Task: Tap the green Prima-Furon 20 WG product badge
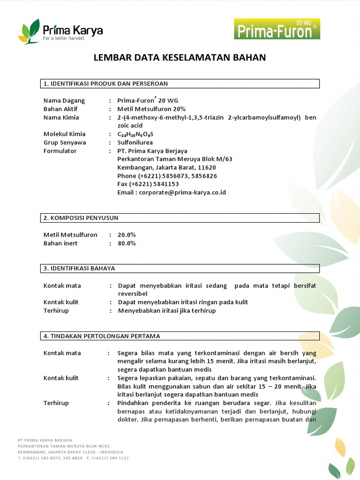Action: coord(277,29)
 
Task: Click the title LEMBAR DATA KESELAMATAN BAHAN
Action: coord(180,58)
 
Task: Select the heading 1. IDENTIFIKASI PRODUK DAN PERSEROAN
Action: coord(105,84)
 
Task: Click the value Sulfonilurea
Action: coord(135,142)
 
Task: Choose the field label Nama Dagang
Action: coord(64,100)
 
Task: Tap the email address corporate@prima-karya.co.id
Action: coord(172,193)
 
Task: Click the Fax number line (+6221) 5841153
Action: coord(148,184)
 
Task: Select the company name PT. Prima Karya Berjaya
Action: coord(152,151)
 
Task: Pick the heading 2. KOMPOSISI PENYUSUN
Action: coord(81,218)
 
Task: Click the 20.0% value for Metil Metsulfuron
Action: coord(127,235)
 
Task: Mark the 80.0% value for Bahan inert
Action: coord(127,243)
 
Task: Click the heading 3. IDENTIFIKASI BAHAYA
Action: coord(79,269)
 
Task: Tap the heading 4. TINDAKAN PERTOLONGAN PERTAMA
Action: coord(102,336)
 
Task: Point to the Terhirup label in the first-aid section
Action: coord(56,403)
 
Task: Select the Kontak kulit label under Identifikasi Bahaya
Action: coord(61,302)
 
